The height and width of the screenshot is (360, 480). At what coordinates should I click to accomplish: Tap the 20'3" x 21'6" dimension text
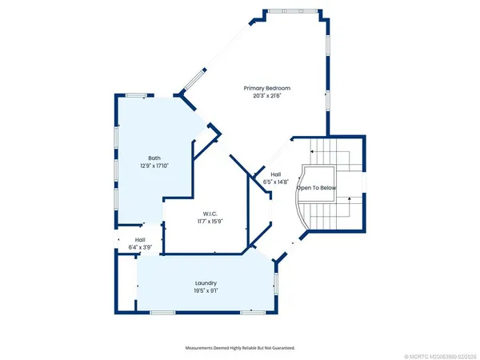point(266,96)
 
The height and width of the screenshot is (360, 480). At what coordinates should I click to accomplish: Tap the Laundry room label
point(206,283)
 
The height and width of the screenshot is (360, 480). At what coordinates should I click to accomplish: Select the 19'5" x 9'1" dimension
point(206,291)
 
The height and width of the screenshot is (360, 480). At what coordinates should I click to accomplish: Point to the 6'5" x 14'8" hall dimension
point(275,182)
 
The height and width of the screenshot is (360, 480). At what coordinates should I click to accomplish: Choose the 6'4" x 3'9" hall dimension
point(140,248)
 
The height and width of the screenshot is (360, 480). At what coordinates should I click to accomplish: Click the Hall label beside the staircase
point(275,174)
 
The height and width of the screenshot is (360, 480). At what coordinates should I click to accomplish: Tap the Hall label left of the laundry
point(140,240)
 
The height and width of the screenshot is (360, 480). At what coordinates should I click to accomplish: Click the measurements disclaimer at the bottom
point(239,348)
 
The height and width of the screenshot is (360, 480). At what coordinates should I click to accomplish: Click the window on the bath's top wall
point(136,96)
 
